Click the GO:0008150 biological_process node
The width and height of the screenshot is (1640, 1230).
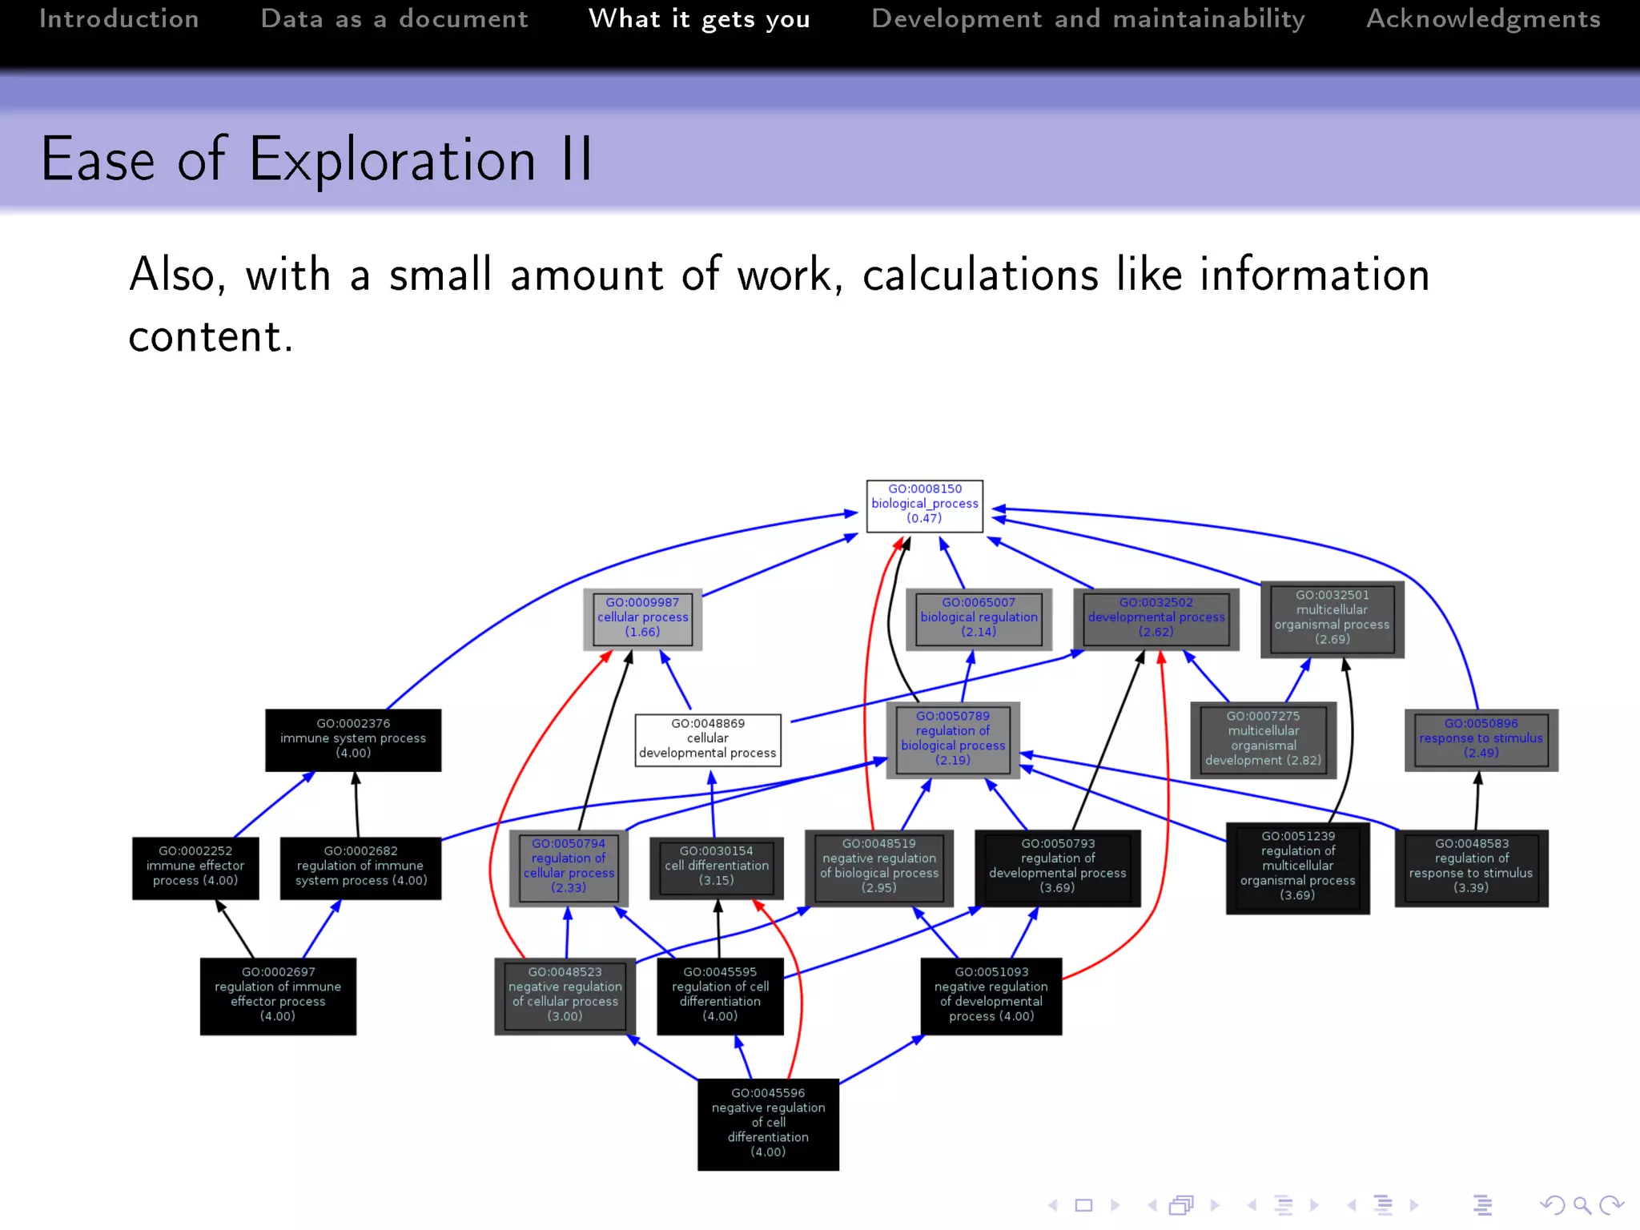point(924,504)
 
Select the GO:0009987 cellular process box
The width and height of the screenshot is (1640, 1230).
point(642,618)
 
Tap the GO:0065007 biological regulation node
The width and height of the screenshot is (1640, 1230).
point(979,618)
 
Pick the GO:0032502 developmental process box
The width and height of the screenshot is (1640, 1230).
point(1156,618)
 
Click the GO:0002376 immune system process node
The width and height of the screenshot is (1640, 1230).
point(353,739)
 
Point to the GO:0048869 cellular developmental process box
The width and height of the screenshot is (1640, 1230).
point(707,739)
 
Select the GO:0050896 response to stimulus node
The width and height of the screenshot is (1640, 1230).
point(1481,739)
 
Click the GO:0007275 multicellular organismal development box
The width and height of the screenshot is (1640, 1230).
point(1263,739)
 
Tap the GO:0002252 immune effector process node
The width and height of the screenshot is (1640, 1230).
point(195,867)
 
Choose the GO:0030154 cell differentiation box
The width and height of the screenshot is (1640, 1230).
point(717,867)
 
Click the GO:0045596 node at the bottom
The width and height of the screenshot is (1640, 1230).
point(768,1123)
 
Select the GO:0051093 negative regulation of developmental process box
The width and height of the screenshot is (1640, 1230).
point(991,995)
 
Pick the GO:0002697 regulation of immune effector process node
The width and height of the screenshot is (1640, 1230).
point(278,995)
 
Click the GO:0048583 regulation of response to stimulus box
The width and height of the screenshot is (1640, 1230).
point(1471,867)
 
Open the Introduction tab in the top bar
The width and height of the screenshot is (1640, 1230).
point(119,19)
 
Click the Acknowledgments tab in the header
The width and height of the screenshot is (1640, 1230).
point(1483,19)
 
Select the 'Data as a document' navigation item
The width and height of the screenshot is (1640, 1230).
point(394,19)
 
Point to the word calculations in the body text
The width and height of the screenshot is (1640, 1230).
point(980,275)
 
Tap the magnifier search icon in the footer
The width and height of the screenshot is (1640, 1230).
point(1582,1205)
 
